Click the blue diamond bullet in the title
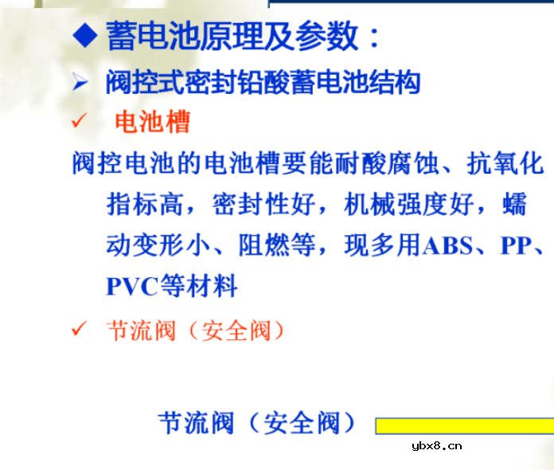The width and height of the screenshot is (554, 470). click(x=83, y=35)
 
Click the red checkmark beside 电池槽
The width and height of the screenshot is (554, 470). click(x=78, y=122)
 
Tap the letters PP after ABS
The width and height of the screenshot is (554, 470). click(x=515, y=246)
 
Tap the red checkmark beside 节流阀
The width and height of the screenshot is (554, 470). click(x=78, y=329)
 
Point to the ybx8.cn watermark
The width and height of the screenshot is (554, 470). click(x=437, y=446)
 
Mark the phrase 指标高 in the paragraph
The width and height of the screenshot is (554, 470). click(x=146, y=206)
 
